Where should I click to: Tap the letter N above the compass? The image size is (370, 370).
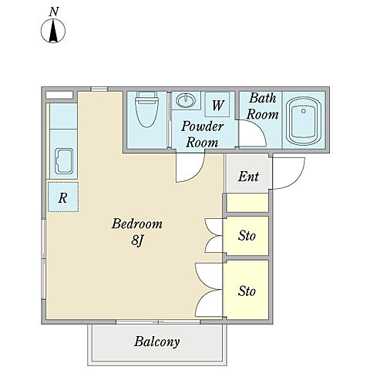(x=54, y=12)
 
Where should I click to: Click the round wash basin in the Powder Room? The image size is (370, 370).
(x=186, y=101)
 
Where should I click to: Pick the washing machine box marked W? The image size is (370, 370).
(x=217, y=104)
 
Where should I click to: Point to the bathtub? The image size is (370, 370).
(x=304, y=121)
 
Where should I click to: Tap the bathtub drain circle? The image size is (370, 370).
(x=304, y=111)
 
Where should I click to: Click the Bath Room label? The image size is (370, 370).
(x=262, y=106)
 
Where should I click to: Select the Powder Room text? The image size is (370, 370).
(x=202, y=134)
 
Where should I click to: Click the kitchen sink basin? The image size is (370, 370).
(x=64, y=161)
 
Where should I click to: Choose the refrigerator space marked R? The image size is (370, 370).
(x=63, y=197)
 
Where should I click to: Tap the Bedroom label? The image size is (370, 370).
(x=137, y=224)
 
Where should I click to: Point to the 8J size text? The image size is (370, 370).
(x=136, y=241)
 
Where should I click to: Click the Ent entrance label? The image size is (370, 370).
(x=248, y=177)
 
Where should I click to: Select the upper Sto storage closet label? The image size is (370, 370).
(x=247, y=236)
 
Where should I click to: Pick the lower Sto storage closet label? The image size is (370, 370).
(x=247, y=291)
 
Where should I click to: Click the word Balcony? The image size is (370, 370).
(x=156, y=341)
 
